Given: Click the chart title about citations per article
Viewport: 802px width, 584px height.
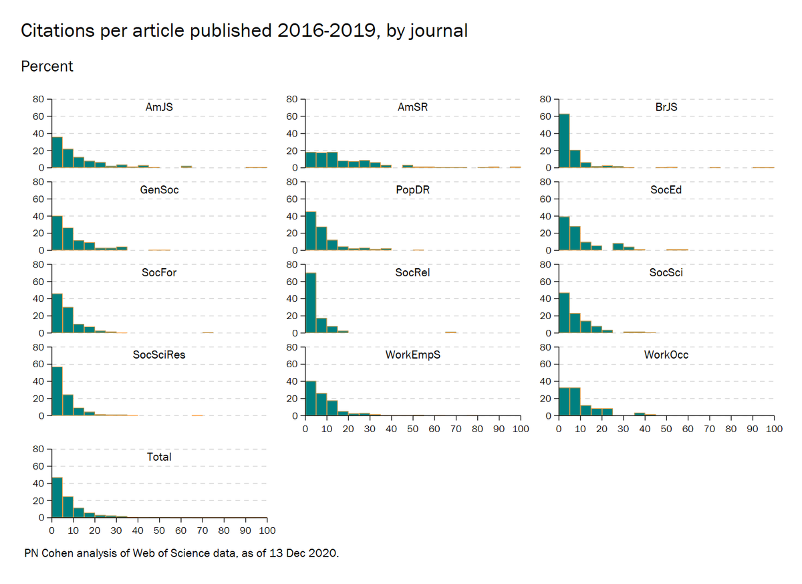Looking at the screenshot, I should click(x=244, y=31).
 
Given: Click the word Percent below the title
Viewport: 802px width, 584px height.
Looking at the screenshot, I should click(x=47, y=67).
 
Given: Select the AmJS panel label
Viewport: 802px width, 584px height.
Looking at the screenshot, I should click(x=159, y=106).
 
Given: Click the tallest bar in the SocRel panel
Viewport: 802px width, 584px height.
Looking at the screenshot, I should click(x=311, y=303).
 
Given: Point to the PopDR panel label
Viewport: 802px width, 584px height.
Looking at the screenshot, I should click(x=412, y=189).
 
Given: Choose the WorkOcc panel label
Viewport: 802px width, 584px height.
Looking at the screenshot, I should click(x=666, y=355).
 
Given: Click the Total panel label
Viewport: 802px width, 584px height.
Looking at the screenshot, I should click(x=159, y=457).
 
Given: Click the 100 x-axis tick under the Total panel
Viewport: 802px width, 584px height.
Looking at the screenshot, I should click(x=267, y=530).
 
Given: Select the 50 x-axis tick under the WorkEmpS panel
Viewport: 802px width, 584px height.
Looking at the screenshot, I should click(x=412, y=428).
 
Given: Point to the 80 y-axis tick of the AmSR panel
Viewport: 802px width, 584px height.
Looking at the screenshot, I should click(x=292, y=99).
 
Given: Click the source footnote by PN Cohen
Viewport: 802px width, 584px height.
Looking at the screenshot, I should click(x=181, y=553).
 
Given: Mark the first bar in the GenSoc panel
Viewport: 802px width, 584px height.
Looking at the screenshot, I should click(x=57, y=233).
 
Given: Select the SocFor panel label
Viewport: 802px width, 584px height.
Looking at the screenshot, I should click(x=159, y=272).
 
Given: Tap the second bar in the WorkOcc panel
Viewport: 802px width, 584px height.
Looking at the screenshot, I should click(x=575, y=402).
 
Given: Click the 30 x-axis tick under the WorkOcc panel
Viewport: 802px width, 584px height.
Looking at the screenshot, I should click(x=623, y=428).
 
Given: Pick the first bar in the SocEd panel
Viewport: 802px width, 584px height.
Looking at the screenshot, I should click(x=564, y=233).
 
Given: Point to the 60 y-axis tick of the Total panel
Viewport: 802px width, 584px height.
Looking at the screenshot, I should click(x=39, y=466).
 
